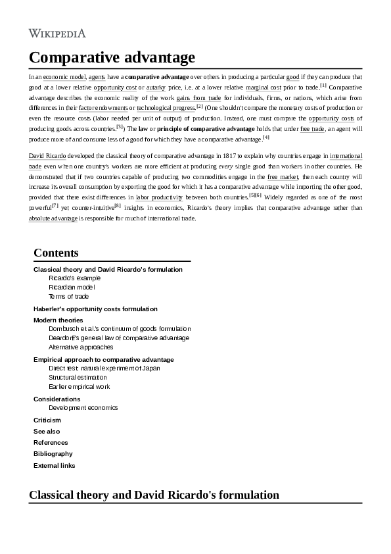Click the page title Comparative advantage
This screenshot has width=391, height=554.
click(112, 57)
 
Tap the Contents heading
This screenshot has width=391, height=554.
click(56, 253)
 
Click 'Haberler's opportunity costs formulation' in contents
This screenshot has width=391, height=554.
click(95, 309)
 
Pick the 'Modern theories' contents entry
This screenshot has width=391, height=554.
click(58, 320)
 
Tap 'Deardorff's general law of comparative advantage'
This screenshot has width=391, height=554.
click(118, 338)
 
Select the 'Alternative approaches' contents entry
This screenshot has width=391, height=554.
click(81, 347)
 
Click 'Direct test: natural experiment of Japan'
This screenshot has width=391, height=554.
click(104, 368)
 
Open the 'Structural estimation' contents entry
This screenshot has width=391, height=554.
click(78, 378)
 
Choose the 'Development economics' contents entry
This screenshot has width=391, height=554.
click(83, 407)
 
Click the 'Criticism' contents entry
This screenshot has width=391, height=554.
click(47, 420)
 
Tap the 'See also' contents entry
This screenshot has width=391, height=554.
click(46, 431)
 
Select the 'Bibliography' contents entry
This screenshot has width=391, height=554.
click(53, 453)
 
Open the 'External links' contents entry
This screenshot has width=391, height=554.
click(54, 465)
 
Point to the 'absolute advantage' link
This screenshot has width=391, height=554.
click(53, 218)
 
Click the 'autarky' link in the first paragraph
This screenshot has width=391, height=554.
click(156, 87)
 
